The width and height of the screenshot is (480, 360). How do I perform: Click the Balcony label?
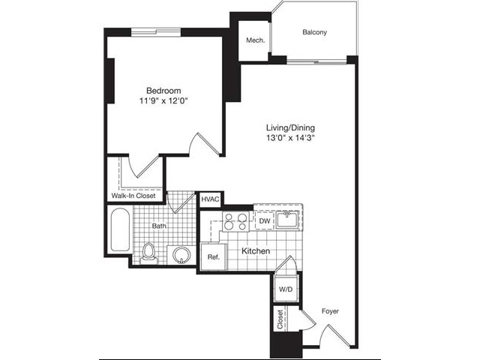[315, 32]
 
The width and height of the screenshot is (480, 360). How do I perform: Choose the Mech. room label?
[255, 40]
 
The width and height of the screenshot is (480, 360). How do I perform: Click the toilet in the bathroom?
[148, 251]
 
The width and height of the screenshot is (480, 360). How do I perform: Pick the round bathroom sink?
[181, 255]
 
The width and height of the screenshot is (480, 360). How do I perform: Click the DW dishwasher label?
[264, 221]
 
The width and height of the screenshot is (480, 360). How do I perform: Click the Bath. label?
[158, 224]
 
